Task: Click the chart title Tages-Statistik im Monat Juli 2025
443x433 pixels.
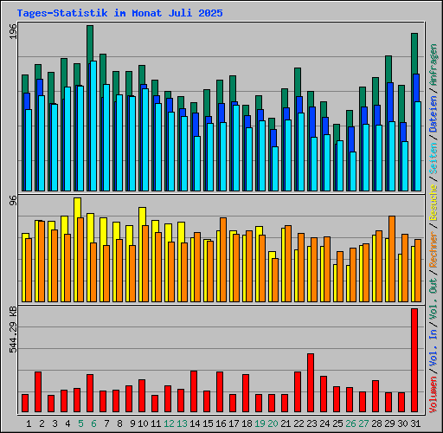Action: [x=119, y=13]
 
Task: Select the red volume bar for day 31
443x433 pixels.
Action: [x=414, y=360]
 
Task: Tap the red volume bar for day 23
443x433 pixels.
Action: [x=311, y=383]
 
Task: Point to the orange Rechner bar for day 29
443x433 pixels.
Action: [x=392, y=259]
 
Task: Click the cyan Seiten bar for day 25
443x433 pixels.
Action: [x=340, y=165]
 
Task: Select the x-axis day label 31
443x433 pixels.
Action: [x=415, y=423]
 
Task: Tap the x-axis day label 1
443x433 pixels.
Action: [x=29, y=423]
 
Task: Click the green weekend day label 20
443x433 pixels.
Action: [x=273, y=423]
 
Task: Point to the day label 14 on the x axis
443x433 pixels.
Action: [x=195, y=423]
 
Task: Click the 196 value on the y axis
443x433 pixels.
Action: [x=13, y=31]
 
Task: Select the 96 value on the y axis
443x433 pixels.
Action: [x=13, y=200]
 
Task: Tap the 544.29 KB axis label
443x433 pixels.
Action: [x=13, y=330]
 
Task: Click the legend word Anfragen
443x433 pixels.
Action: [x=433, y=64]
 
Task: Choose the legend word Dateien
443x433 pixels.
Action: [x=433, y=114]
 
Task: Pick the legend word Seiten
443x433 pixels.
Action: [x=433, y=158]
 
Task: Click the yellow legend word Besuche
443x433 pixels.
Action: [x=433, y=203]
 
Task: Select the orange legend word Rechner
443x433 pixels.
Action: [x=433, y=249]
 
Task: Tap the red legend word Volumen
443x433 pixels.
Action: [x=433, y=395]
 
